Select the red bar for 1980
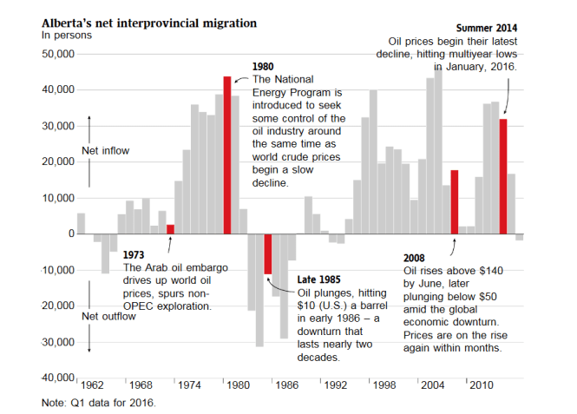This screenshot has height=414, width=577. click(x=226, y=155)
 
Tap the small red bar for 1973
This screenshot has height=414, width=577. click(x=170, y=229)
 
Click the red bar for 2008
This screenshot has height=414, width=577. click(x=454, y=201)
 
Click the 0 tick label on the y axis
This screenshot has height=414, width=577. click(x=68, y=234)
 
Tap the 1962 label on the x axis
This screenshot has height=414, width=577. click(x=91, y=384)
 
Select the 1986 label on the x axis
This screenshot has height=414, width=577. click(x=286, y=384)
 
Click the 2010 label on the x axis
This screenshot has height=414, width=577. click(x=482, y=384)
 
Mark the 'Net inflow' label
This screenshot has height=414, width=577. click(x=105, y=151)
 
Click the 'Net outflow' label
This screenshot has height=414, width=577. click(x=108, y=317)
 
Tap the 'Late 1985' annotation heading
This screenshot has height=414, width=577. click(x=319, y=279)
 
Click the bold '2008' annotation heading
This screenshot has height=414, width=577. click(x=416, y=258)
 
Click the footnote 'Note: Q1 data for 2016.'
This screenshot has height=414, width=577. click(x=99, y=403)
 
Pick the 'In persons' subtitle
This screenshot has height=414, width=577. click(x=66, y=35)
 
